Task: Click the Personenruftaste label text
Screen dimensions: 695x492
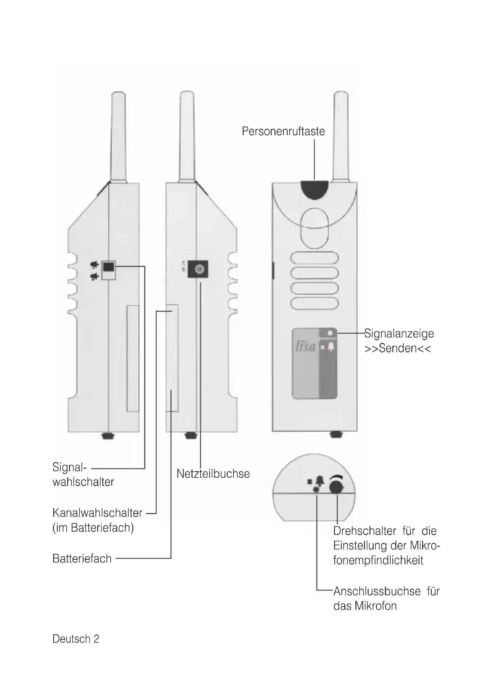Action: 283,131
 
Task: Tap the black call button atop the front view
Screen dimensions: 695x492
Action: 314,189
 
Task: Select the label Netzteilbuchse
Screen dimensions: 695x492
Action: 213,474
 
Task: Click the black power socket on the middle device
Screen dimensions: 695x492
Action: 198,269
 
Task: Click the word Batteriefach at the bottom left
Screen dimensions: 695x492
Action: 82,559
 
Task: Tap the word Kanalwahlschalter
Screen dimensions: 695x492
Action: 97,513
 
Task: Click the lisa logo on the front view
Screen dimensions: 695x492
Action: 305,346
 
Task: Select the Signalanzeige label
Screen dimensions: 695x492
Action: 399,334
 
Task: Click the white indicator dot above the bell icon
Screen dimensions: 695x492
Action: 330,333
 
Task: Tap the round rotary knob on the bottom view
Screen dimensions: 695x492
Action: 337,487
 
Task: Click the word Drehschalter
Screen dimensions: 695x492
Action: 364,531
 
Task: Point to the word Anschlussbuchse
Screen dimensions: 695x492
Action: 377,591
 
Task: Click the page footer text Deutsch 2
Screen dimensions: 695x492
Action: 76,639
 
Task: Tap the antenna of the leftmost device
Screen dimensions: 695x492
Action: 118,136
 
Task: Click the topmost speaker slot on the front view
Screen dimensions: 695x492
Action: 314,258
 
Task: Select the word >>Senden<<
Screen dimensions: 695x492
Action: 397,349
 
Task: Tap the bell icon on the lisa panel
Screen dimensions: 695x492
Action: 331,346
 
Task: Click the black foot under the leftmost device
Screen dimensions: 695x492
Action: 108,436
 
